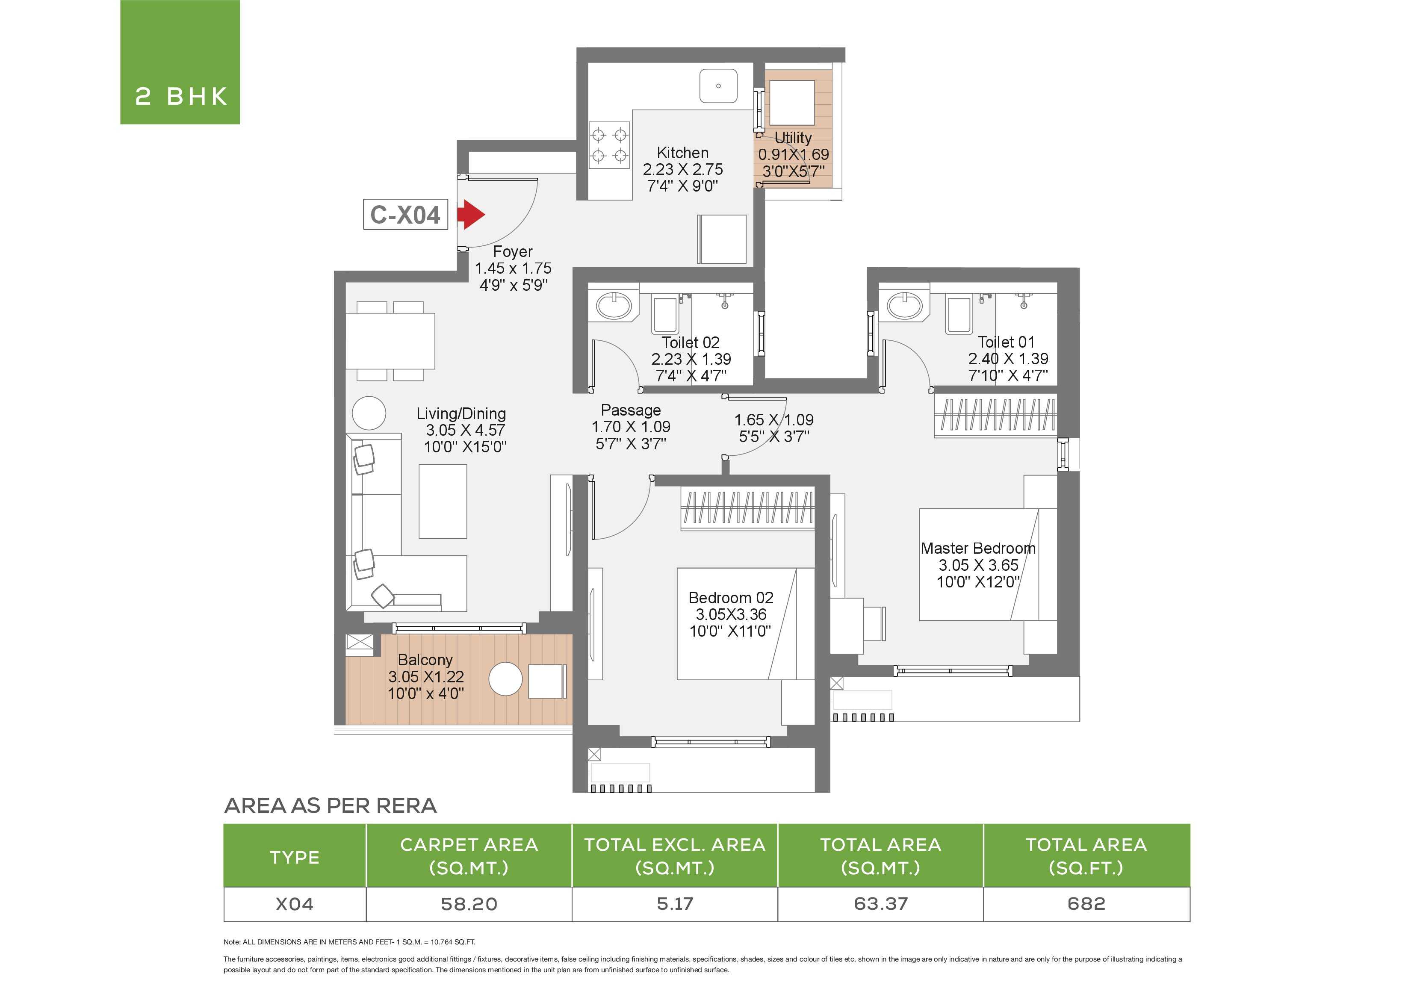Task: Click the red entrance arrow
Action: tap(471, 214)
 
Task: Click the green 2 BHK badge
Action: tap(180, 62)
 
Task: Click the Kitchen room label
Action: tap(682, 153)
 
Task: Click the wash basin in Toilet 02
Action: tap(614, 305)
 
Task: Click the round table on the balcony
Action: tap(506, 679)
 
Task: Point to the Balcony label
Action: tap(425, 660)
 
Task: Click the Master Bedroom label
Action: tap(978, 548)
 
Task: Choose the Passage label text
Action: tap(631, 410)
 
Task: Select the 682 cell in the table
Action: tap(1086, 904)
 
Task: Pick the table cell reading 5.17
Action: tap(675, 904)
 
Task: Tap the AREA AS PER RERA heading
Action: tap(331, 805)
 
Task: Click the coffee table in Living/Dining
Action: tap(443, 501)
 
